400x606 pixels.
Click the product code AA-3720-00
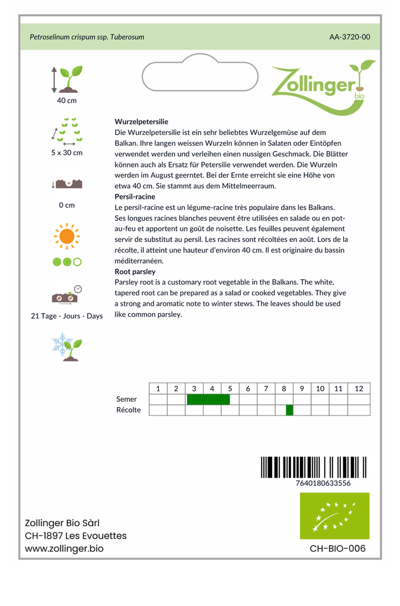coord(350,37)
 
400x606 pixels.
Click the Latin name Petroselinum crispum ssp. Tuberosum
coord(87,37)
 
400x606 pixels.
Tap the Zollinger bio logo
coord(322,85)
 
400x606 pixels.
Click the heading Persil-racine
coord(135,196)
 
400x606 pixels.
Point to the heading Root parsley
coord(135,272)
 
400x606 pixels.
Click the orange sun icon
coord(67,236)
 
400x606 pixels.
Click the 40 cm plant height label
coord(67,101)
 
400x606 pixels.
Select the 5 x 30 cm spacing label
coord(67,153)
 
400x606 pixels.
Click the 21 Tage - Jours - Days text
coord(67,316)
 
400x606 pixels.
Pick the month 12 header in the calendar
coord(359,388)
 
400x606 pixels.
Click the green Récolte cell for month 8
coord(289,410)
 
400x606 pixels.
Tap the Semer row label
coord(127,399)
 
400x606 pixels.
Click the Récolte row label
coord(129,410)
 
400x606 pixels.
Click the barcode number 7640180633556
coord(322,483)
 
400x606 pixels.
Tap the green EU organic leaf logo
coord(334,515)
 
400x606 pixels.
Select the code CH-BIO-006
coord(337,549)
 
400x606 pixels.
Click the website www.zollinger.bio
coord(64,549)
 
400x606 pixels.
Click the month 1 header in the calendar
coord(158,388)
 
